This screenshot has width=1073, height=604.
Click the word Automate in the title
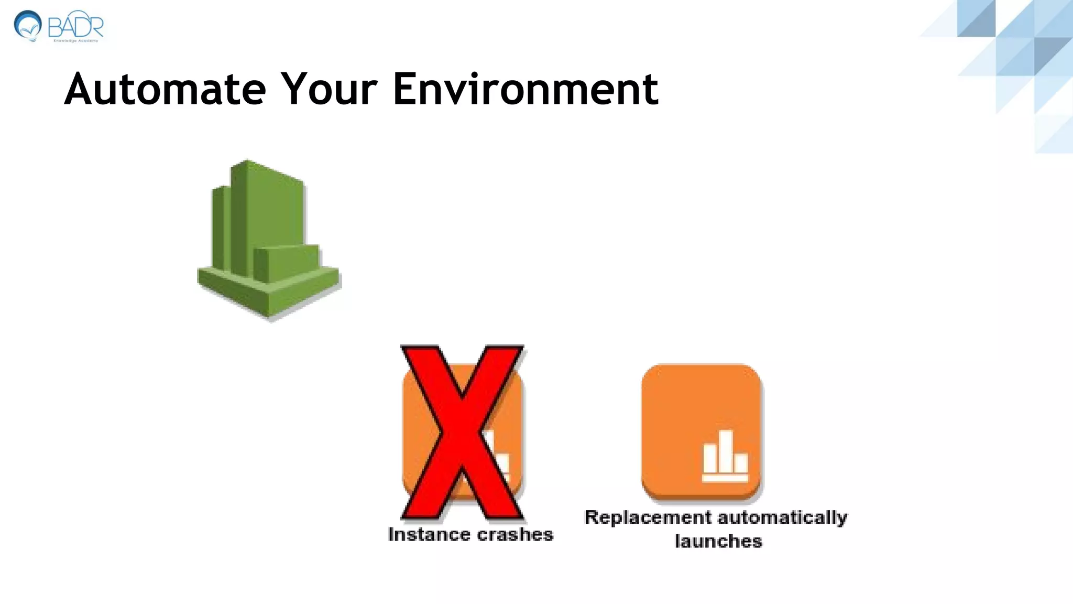point(165,89)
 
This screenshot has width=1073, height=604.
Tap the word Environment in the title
point(525,89)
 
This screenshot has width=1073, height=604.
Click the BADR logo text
point(76,25)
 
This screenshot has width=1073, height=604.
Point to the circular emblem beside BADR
point(27,25)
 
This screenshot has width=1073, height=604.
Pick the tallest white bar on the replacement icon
point(726,451)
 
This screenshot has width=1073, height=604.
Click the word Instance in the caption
point(429,534)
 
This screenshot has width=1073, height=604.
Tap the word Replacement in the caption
point(648,517)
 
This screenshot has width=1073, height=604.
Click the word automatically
point(781,517)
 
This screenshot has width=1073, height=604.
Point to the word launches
point(718,541)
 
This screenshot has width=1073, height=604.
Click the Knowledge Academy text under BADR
point(76,41)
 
